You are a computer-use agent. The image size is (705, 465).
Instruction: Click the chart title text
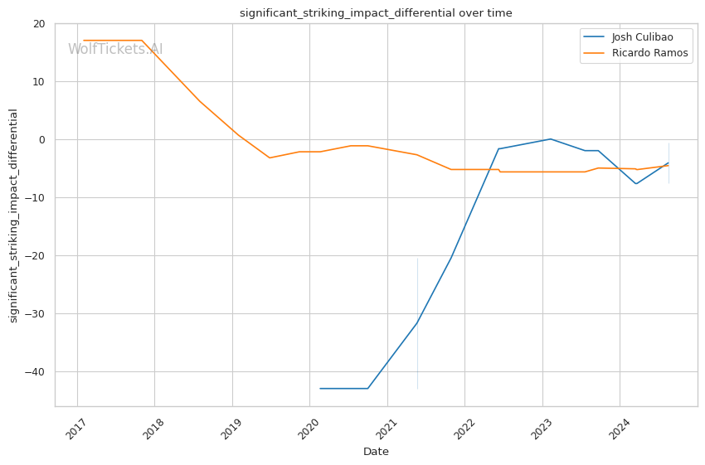(x=376, y=13)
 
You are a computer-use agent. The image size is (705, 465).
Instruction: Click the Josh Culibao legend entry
(x=641, y=37)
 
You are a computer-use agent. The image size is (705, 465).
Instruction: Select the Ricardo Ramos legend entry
(x=649, y=53)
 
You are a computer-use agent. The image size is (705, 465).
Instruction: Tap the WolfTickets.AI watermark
(x=115, y=49)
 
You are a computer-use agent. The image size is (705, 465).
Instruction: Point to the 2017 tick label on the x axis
(x=75, y=431)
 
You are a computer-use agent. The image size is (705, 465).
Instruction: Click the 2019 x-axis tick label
(x=231, y=431)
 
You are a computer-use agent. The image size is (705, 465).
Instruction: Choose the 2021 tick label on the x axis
(x=386, y=431)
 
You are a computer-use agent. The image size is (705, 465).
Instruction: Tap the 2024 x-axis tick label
(x=619, y=431)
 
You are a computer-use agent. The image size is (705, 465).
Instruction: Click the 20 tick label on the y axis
(x=39, y=24)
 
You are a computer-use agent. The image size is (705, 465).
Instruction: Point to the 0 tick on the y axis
(x=42, y=140)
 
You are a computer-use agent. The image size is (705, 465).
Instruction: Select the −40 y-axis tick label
(x=36, y=372)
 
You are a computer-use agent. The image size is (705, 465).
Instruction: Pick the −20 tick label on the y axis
(x=36, y=256)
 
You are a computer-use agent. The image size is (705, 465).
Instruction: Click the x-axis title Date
(x=376, y=452)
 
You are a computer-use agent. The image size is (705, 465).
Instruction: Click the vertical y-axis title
(x=13, y=216)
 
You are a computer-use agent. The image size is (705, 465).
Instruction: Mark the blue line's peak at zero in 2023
(x=550, y=139)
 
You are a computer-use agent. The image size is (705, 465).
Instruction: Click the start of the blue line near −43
(x=320, y=389)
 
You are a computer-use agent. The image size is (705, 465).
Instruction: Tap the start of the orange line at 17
(x=84, y=41)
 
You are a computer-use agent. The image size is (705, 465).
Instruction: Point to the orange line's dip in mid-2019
(x=270, y=157)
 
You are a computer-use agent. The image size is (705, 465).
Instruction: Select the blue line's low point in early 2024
(x=636, y=184)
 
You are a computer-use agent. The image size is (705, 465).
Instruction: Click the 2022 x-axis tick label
(x=464, y=431)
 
